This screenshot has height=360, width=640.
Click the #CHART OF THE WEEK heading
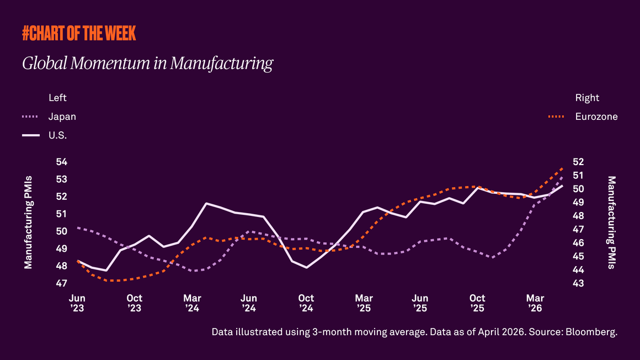click(x=79, y=34)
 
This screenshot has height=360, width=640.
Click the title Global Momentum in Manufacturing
click(x=147, y=63)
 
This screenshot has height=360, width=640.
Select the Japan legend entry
click(x=62, y=117)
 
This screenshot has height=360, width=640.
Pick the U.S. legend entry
click(x=57, y=135)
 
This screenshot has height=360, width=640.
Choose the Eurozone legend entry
click(x=596, y=117)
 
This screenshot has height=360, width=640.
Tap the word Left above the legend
click(x=57, y=98)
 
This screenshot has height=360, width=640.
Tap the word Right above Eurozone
click(x=587, y=98)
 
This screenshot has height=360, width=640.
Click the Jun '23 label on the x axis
click(x=77, y=303)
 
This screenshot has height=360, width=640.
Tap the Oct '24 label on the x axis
click(x=306, y=303)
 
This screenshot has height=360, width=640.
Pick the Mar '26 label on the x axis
click(x=535, y=303)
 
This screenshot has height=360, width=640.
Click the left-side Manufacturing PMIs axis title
click(x=28, y=223)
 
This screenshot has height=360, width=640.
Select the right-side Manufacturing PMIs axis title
click(x=611, y=223)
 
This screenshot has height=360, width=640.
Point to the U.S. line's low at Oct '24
click(x=306, y=267)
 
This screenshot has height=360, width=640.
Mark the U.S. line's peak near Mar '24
click(x=206, y=203)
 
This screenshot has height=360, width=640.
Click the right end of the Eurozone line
click(x=562, y=168)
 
